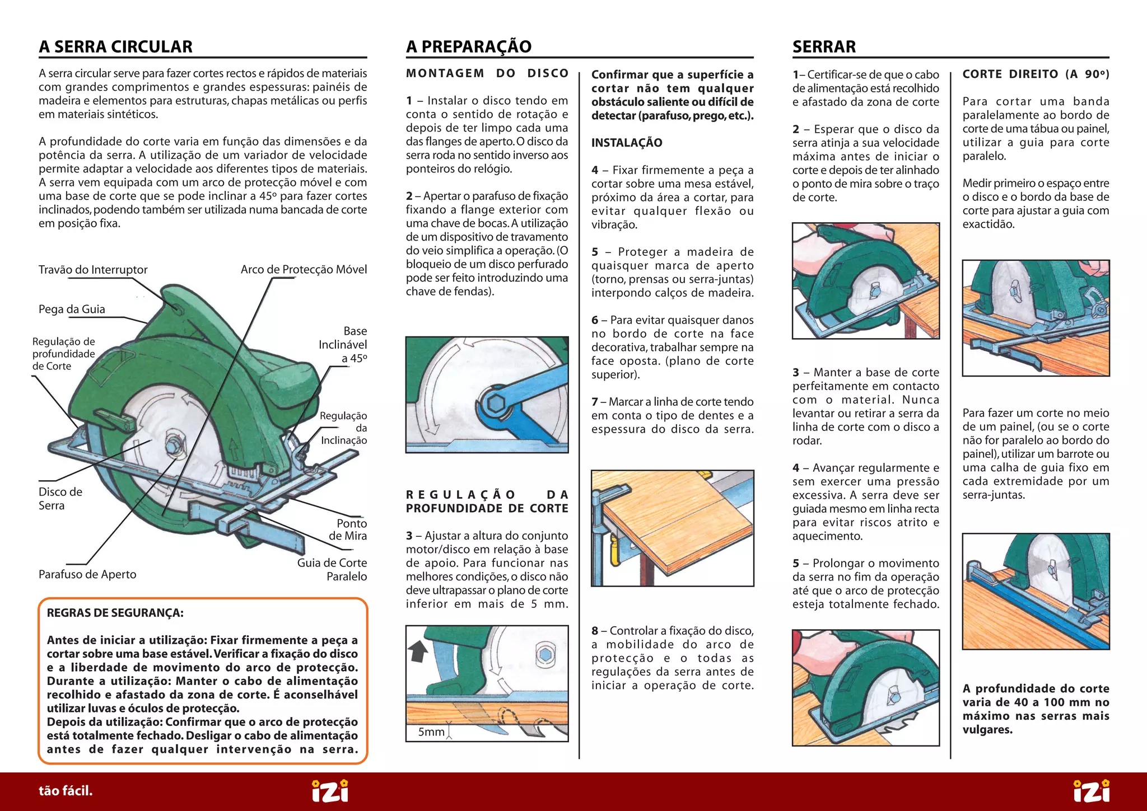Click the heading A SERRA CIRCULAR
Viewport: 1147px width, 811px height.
(115, 46)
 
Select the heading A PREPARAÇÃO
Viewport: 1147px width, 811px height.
(468, 46)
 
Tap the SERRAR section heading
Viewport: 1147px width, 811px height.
(824, 46)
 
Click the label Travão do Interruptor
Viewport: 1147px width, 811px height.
(93, 270)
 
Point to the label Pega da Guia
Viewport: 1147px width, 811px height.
(72, 310)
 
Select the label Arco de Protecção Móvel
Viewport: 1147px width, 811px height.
(304, 270)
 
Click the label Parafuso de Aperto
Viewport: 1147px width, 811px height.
(87, 574)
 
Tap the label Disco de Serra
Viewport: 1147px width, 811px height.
(60, 499)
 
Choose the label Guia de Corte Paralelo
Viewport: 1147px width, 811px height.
(332, 570)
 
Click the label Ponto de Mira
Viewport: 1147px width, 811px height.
(348, 529)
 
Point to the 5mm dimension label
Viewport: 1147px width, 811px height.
(431, 732)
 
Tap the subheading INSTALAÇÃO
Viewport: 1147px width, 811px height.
(627, 143)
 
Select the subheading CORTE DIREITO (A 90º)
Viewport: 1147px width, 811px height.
(1036, 74)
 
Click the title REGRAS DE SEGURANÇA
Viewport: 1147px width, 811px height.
(115, 613)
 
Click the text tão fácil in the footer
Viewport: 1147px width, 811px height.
(66, 791)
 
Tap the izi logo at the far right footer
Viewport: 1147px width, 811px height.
(1091, 791)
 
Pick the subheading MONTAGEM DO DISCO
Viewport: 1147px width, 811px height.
(487, 73)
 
